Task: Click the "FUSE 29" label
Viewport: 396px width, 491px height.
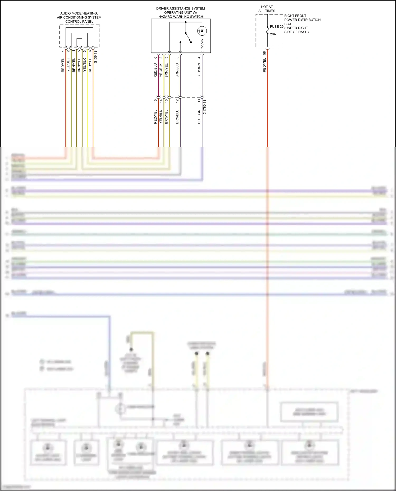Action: pos(276,27)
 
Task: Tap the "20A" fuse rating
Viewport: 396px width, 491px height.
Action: pos(273,34)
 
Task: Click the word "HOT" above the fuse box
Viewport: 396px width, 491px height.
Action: pos(264,7)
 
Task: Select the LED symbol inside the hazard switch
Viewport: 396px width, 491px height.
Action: pos(202,31)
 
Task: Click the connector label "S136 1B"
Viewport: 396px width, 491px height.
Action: pos(96,56)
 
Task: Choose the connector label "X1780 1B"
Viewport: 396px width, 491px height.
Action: pos(205,107)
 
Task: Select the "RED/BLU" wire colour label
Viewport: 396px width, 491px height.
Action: pos(155,70)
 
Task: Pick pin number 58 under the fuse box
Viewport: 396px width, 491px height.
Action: pos(265,53)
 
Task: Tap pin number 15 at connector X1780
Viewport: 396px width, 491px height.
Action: pos(155,101)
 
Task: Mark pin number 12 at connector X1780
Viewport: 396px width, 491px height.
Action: pos(177,101)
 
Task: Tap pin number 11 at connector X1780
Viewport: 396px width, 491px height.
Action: pos(199,101)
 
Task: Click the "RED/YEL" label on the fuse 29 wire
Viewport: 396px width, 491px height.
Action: pos(265,65)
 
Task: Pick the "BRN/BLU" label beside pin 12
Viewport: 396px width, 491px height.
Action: pos(177,117)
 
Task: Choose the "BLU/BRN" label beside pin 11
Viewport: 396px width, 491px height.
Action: pos(199,117)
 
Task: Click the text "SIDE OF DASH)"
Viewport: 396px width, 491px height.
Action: pos(296,32)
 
